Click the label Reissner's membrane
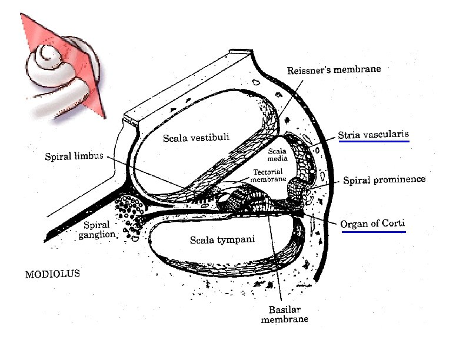pos(334,70)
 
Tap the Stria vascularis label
pos(373,134)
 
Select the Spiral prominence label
pos(384,180)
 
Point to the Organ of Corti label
pos(372,224)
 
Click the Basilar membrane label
pos(285,315)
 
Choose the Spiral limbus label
pos(74,156)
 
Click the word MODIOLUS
pos(52,274)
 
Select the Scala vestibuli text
pos(195,138)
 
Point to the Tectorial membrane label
pos(269,176)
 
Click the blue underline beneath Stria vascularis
pos(373,142)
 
